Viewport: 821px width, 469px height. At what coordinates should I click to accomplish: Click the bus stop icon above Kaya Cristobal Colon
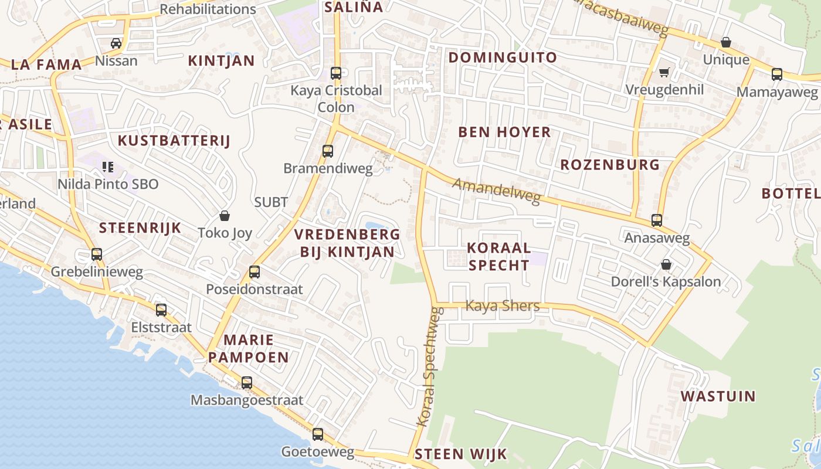pyautogui.click(x=336, y=73)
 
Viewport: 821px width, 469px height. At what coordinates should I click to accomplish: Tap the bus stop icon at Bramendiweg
pyautogui.click(x=328, y=151)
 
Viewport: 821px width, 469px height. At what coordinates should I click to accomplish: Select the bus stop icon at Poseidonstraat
pyautogui.click(x=255, y=272)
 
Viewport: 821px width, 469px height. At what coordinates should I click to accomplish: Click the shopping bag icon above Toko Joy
pyautogui.click(x=224, y=216)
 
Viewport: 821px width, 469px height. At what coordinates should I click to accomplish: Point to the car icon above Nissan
pyautogui.click(x=116, y=43)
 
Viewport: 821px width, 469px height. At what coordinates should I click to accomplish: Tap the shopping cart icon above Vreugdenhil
pyautogui.click(x=664, y=73)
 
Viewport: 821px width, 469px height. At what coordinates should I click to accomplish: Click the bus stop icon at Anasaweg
pyautogui.click(x=657, y=221)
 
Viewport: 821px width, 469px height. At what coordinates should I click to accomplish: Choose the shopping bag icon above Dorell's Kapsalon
pyautogui.click(x=666, y=264)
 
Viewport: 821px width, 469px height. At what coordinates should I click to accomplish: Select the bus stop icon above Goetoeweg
pyautogui.click(x=318, y=434)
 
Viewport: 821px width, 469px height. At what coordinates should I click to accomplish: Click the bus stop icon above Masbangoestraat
pyautogui.click(x=247, y=383)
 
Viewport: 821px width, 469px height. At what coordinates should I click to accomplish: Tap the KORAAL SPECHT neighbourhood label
pyautogui.click(x=499, y=256)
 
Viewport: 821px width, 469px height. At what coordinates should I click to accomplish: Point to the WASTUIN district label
pyautogui.click(x=718, y=396)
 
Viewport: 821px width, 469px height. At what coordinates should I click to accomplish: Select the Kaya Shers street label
pyautogui.click(x=502, y=306)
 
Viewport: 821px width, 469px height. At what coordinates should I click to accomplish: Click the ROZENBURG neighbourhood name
pyautogui.click(x=610, y=165)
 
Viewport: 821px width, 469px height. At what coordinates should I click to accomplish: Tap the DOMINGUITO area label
pyautogui.click(x=503, y=57)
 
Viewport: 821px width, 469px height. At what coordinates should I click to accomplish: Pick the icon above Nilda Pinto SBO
pyautogui.click(x=107, y=167)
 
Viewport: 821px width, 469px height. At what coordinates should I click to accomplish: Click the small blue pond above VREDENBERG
pyautogui.click(x=375, y=226)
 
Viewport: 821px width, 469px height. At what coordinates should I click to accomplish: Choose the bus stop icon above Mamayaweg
pyautogui.click(x=777, y=74)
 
